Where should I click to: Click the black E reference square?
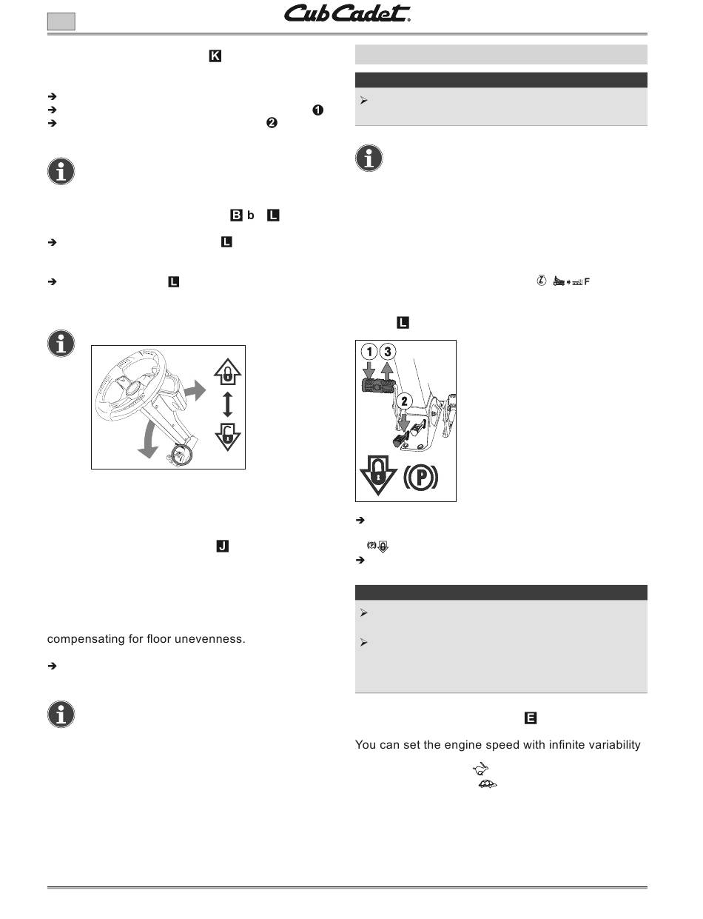[531, 718]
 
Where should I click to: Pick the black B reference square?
[237, 215]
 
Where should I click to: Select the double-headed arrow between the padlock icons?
[228, 405]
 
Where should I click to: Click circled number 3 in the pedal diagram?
[388, 351]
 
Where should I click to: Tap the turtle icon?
[488, 783]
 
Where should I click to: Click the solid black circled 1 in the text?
[317, 110]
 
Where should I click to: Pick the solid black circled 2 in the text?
[271, 124]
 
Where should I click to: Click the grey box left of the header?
[61, 21]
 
